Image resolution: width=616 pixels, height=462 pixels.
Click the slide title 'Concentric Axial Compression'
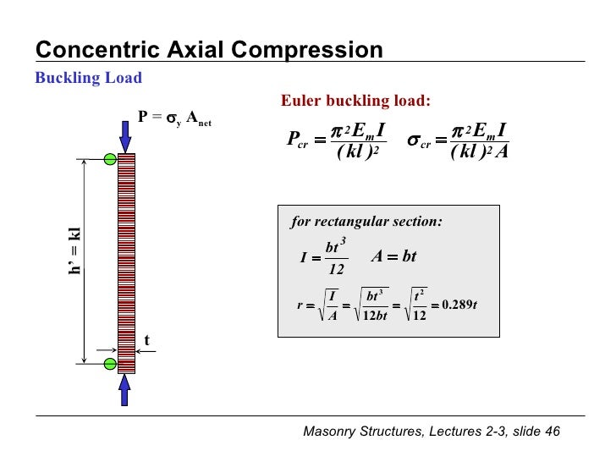click(209, 50)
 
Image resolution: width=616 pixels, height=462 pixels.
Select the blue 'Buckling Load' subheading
click(88, 79)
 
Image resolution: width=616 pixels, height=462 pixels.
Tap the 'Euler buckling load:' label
click(355, 102)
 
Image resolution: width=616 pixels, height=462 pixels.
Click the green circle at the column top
click(110, 159)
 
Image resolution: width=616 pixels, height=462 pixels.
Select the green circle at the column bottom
click(110, 365)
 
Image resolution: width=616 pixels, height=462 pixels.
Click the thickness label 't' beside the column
click(146, 340)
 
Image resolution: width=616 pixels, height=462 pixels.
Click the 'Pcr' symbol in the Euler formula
click(297, 140)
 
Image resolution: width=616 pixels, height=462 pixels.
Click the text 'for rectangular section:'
click(366, 223)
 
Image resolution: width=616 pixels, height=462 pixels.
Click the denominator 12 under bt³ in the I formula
click(337, 270)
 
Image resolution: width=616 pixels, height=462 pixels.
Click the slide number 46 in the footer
click(553, 432)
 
